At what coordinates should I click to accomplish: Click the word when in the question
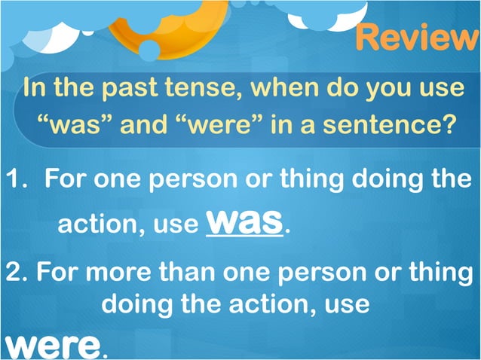click(x=295, y=88)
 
